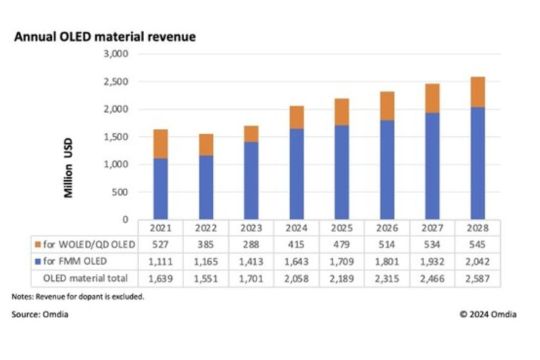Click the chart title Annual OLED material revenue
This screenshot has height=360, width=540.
[x=103, y=37]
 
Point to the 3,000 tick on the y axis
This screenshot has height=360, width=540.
[x=116, y=53]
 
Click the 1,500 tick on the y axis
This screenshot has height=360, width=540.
[x=116, y=136]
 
